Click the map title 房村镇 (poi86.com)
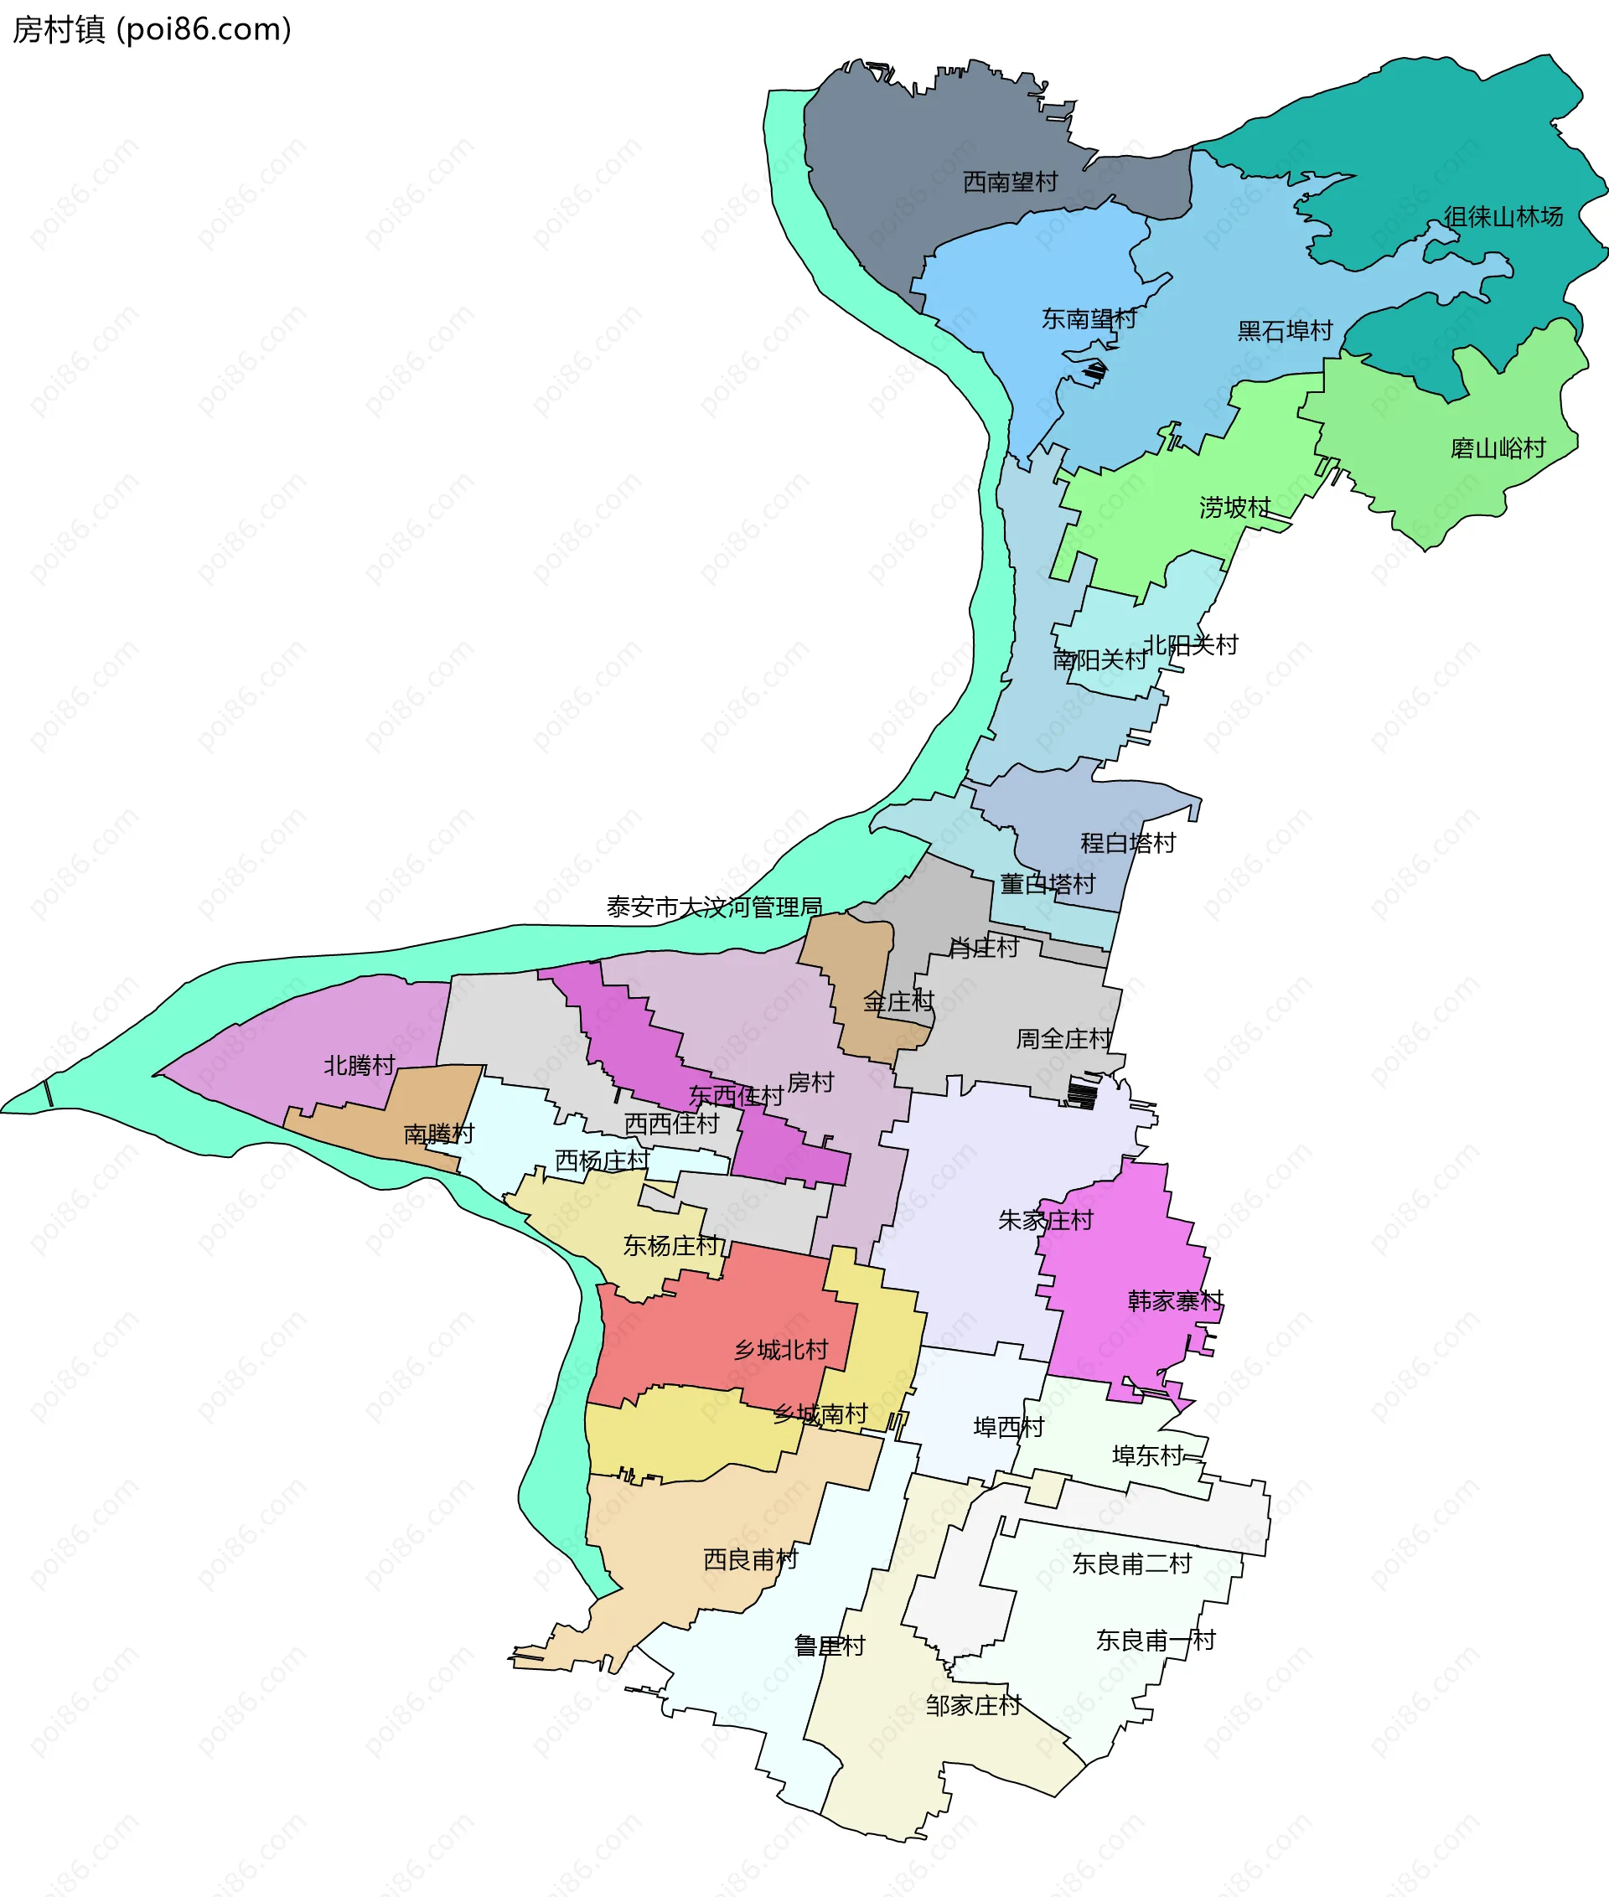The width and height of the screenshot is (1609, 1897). pos(152,29)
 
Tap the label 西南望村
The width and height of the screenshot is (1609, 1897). pos(1010,183)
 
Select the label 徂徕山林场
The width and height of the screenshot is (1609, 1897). pos(1503,217)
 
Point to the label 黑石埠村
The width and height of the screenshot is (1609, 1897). pos(1285,331)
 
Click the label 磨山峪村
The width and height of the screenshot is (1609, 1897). pos(1498,447)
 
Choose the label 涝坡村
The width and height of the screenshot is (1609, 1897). pos(1234,507)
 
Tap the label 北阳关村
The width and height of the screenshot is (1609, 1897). pos(1190,645)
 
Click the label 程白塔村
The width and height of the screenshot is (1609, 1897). pos(1127,843)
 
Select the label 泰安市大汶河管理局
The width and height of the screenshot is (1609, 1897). pos(714,907)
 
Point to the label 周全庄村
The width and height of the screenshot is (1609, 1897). pos(1063,1039)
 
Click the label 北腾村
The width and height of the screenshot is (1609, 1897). pos(360,1065)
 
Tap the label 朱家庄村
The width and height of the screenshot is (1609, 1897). pos(1045,1220)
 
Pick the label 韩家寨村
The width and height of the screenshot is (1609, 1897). pos(1175,1300)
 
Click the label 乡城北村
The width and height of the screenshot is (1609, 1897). pos(781,1350)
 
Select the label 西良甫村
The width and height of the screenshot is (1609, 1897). pos(750,1559)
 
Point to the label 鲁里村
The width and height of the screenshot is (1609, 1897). pos(829,1646)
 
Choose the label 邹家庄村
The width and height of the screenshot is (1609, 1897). pos(972,1705)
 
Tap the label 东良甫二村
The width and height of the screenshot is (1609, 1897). pos(1131,1564)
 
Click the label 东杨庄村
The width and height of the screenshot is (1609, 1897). pos(670,1246)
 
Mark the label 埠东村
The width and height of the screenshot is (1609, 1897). pos(1147,1456)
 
